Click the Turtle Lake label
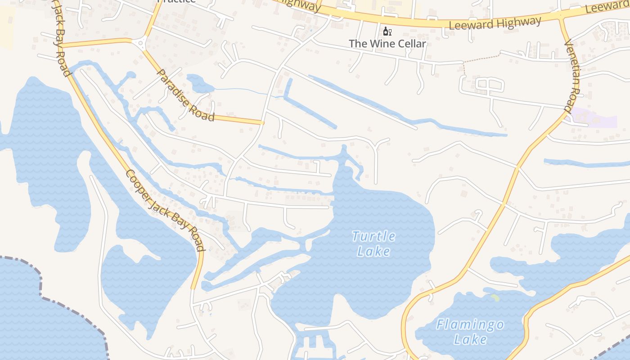(373, 243)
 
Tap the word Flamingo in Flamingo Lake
(470, 324)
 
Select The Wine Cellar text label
(387, 44)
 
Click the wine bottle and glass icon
(387, 31)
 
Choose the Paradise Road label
(185, 95)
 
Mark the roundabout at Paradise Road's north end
(140, 44)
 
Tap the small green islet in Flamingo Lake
(495, 297)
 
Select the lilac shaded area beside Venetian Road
(598, 118)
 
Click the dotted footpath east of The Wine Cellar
(481, 58)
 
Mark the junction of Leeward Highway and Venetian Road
(561, 17)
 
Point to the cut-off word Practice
(176, 1)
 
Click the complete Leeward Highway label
(495, 23)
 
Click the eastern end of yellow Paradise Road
(261, 122)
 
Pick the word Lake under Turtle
(373, 251)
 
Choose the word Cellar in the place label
(409, 44)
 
